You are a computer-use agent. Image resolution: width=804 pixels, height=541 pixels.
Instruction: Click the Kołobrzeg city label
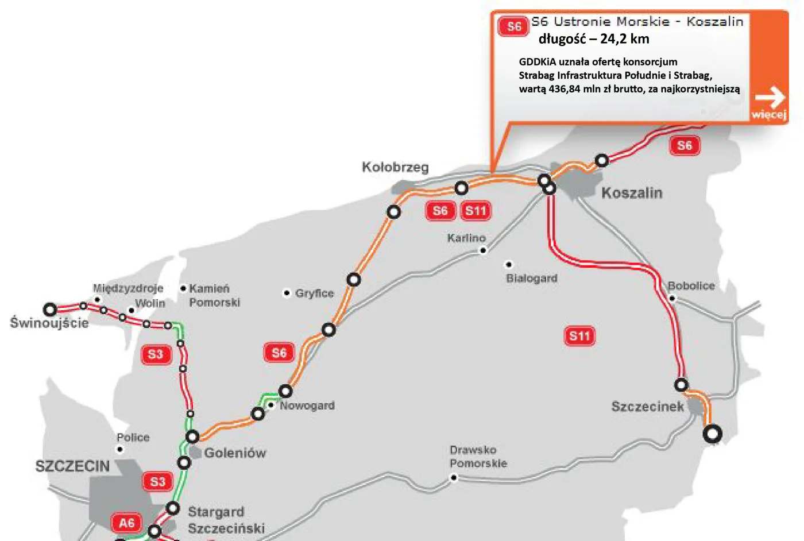[395, 167]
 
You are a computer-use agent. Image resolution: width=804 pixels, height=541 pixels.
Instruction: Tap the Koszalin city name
[632, 193]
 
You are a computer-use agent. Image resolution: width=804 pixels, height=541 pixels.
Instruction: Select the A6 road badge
[126, 523]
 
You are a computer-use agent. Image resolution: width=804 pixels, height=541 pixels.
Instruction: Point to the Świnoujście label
[49, 323]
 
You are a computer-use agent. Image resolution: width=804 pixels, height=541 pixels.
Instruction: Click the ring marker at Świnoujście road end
[51, 310]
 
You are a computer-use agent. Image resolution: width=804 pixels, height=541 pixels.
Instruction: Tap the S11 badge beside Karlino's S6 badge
[476, 211]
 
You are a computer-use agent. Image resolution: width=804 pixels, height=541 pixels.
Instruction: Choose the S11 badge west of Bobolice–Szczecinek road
[579, 336]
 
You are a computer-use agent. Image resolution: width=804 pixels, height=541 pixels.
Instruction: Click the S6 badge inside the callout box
[513, 26]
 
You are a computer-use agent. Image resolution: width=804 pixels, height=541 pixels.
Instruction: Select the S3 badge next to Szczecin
[158, 482]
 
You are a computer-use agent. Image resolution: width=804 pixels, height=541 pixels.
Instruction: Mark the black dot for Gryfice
[287, 293]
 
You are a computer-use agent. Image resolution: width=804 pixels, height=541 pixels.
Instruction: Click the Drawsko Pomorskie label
[478, 457]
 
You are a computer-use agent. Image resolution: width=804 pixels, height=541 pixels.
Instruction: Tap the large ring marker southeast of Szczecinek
[713, 434]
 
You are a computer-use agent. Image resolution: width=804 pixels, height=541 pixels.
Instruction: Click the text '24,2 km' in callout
[624, 39]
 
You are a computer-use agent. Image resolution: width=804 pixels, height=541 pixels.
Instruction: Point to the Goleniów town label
[235, 453]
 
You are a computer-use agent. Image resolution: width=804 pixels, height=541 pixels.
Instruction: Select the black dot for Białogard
[508, 265]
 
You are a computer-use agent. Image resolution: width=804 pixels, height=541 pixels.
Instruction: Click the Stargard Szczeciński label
[226, 520]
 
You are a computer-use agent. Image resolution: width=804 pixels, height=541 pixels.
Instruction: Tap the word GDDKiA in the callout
[538, 62]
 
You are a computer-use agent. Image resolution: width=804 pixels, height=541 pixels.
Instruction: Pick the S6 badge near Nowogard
[279, 353]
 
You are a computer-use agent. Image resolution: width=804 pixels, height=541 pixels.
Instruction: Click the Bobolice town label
[691, 285]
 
